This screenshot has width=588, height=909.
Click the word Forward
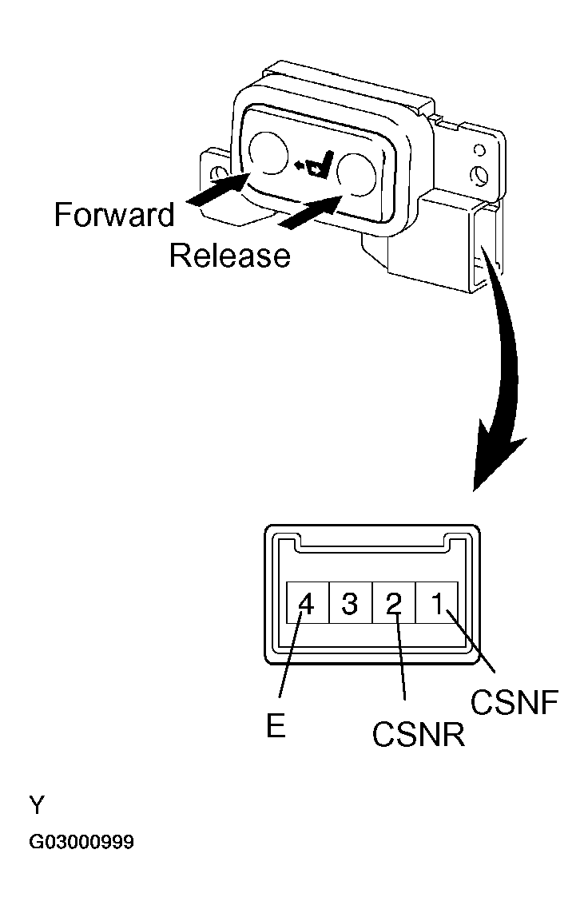coord(114,215)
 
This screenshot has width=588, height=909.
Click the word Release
coord(229,255)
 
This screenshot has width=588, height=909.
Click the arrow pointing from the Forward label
coord(220,191)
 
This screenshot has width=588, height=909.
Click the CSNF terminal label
coord(511,703)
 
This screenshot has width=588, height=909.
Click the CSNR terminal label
coord(418,733)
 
